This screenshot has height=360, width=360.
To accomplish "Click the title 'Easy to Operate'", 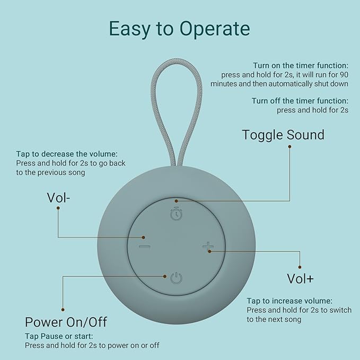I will click(x=179, y=29).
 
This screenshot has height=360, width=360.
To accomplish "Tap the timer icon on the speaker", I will click(x=176, y=213).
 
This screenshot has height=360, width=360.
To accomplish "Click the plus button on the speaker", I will click(x=207, y=247).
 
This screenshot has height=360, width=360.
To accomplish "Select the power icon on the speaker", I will click(x=176, y=277).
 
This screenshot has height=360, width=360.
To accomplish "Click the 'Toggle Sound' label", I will click(x=283, y=135).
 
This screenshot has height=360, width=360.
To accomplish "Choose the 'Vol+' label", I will click(x=300, y=278).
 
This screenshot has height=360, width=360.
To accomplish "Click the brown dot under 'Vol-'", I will click(x=58, y=208).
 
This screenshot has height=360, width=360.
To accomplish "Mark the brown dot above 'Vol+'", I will click(x=300, y=267).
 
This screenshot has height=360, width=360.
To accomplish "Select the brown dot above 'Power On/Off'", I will click(x=63, y=309).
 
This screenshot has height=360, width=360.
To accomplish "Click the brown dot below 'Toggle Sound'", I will click(x=290, y=146).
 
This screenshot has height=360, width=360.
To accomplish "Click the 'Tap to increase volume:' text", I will click(x=289, y=301).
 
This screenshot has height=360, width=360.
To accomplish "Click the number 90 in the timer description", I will click(x=343, y=74).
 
